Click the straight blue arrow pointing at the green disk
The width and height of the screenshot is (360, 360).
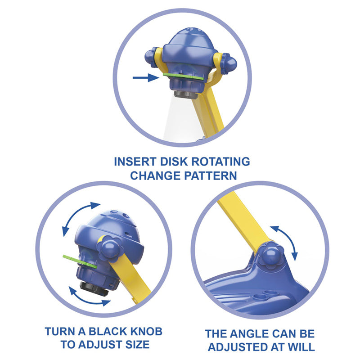[x=146, y=77]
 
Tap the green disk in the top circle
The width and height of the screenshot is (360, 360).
[x=183, y=76]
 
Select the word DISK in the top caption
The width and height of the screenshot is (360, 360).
[x=174, y=162]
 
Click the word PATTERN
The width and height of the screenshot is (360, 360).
[x=210, y=175]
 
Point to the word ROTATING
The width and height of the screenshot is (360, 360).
[x=220, y=162]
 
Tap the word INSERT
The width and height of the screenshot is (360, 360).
[x=135, y=162]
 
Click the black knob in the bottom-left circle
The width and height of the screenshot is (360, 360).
[x=94, y=288]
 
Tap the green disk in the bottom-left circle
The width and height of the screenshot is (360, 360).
[x=80, y=262]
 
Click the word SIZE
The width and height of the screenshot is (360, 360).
[x=137, y=345]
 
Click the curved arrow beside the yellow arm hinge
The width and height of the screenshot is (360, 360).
[x=287, y=240]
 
